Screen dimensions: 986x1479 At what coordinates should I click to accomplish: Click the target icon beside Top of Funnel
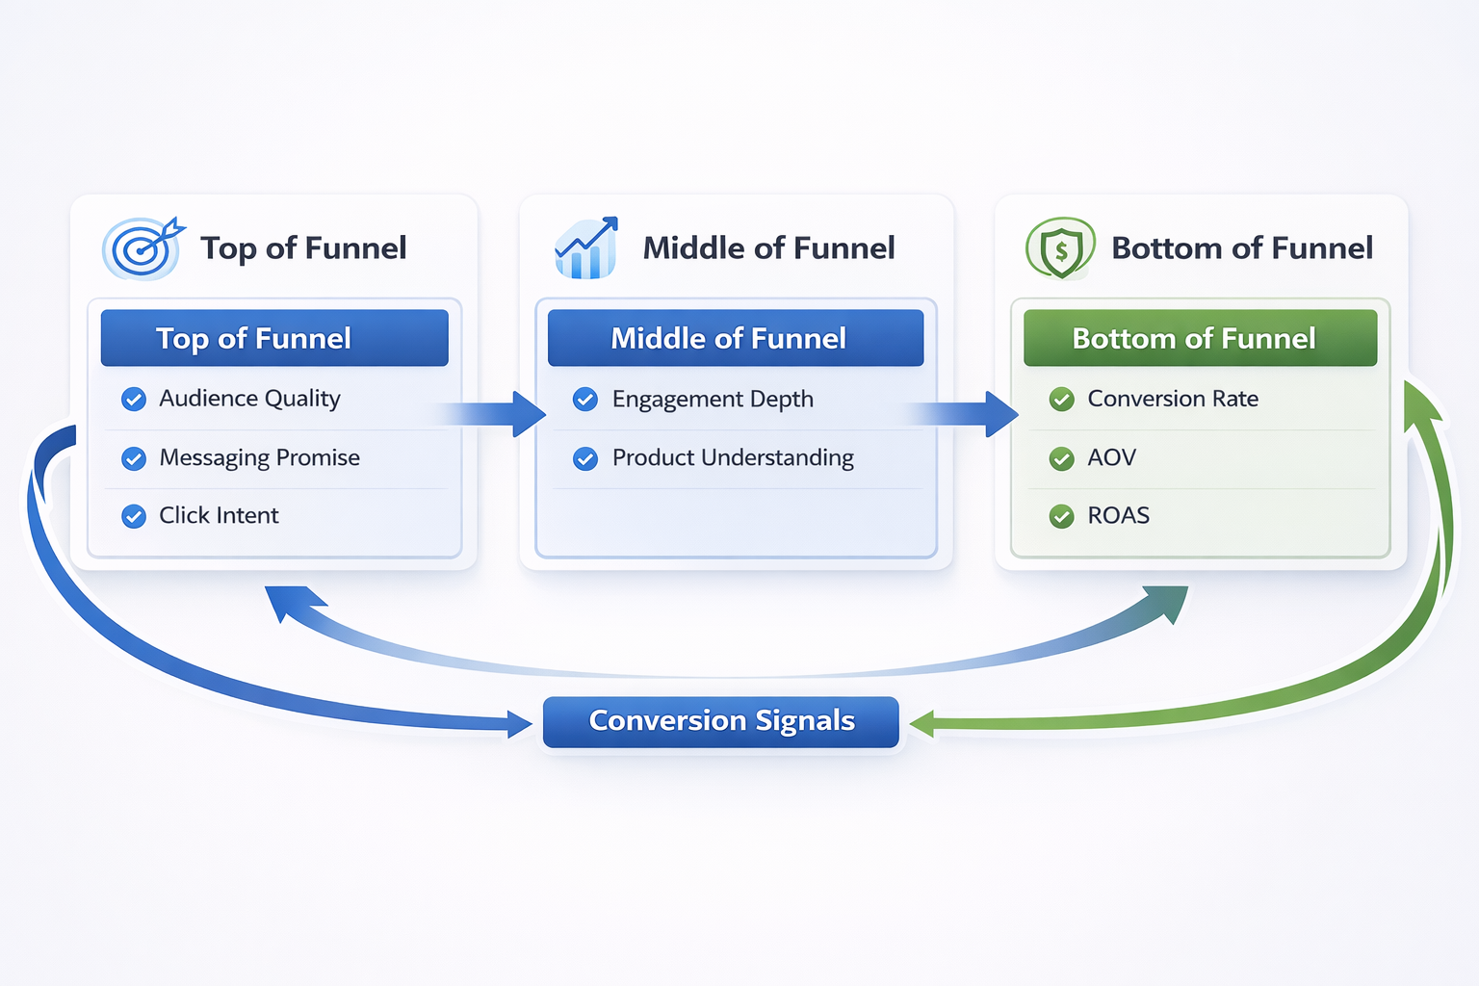click(143, 248)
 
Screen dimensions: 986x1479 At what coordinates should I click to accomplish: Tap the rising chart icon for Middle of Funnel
click(585, 248)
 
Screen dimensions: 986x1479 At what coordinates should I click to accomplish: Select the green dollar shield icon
click(1060, 248)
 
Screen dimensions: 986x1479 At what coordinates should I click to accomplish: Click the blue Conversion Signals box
click(720, 722)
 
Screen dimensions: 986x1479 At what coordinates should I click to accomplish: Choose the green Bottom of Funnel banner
click(1200, 338)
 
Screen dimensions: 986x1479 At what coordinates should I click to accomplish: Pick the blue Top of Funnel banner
click(274, 338)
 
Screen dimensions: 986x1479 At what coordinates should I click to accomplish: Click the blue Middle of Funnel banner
click(735, 338)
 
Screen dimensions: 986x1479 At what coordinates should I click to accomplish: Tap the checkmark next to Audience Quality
click(134, 400)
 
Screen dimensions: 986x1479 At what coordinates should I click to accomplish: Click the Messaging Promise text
click(259, 458)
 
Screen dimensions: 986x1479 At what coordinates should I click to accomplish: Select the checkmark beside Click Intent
click(134, 517)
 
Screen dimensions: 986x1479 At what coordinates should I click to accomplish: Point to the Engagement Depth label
click(713, 400)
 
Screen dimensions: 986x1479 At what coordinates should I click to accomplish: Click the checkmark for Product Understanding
click(585, 458)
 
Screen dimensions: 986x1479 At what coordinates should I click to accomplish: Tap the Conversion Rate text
click(1172, 400)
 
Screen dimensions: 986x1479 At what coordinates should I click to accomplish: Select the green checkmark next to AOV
click(1061, 458)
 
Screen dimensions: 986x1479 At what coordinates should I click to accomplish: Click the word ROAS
click(1118, 516)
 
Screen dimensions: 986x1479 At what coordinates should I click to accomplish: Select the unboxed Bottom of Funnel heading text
click(1241, 248)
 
